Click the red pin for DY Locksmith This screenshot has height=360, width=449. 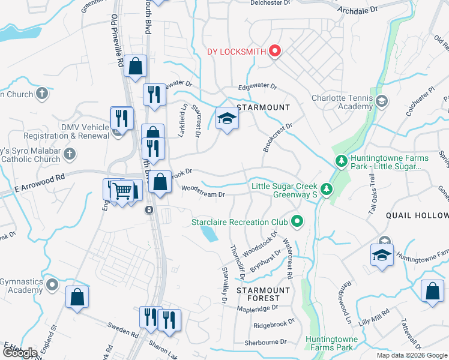pyautogui.click(x=275, y=51)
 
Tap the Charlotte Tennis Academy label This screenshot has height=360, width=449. pyautogui.click(x=342, y=102)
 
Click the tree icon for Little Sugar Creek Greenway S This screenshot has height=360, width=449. pyautogui.click(x=326, y=190)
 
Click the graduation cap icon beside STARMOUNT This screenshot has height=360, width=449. pyautogui.click(x=227, y=118)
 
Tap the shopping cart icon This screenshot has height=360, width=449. pyautogui.click(x=122, y=191)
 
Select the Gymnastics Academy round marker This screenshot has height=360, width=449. pyautogui.click(x=52, y=285)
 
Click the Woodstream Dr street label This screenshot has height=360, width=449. pyautogui.click(x=203, y=194)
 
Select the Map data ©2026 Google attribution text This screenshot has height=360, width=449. pyautogui.click(x=412, y=355)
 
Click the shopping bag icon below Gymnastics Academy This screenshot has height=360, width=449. pyautogui.click(x=77, y=297)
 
